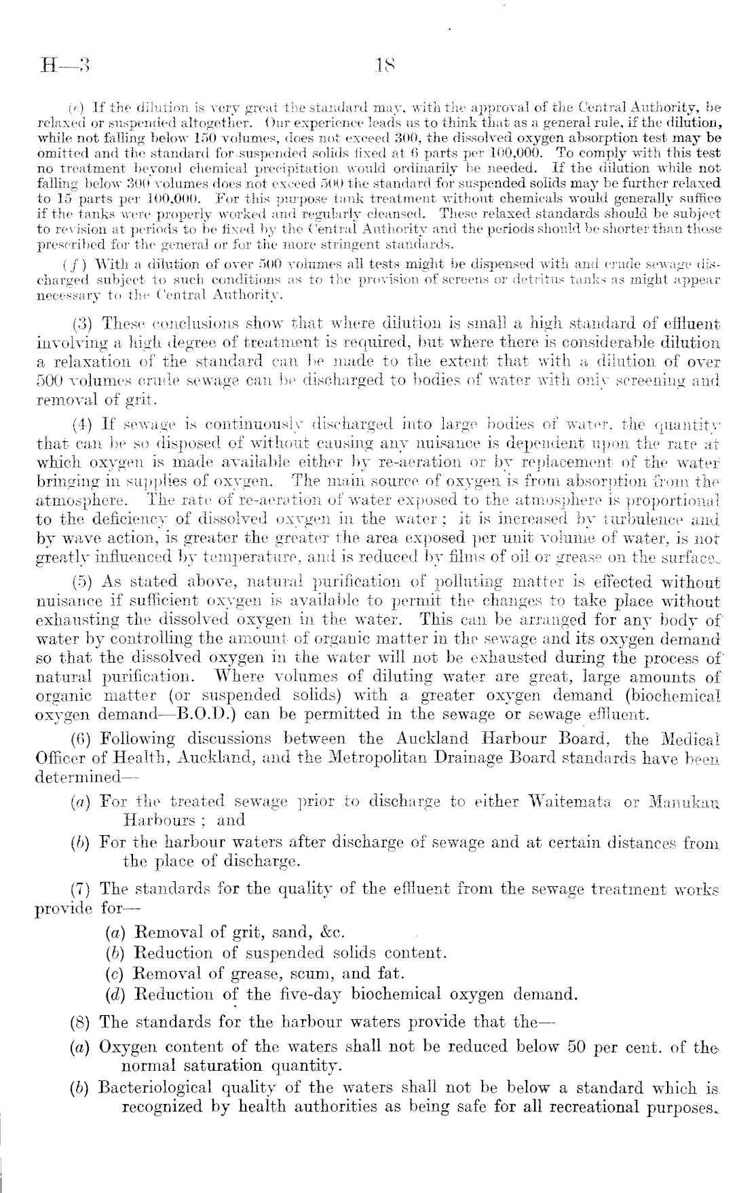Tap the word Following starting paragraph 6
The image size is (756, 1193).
[x=138, y=738]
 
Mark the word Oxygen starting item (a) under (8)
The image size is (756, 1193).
[x=126, y=1047]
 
